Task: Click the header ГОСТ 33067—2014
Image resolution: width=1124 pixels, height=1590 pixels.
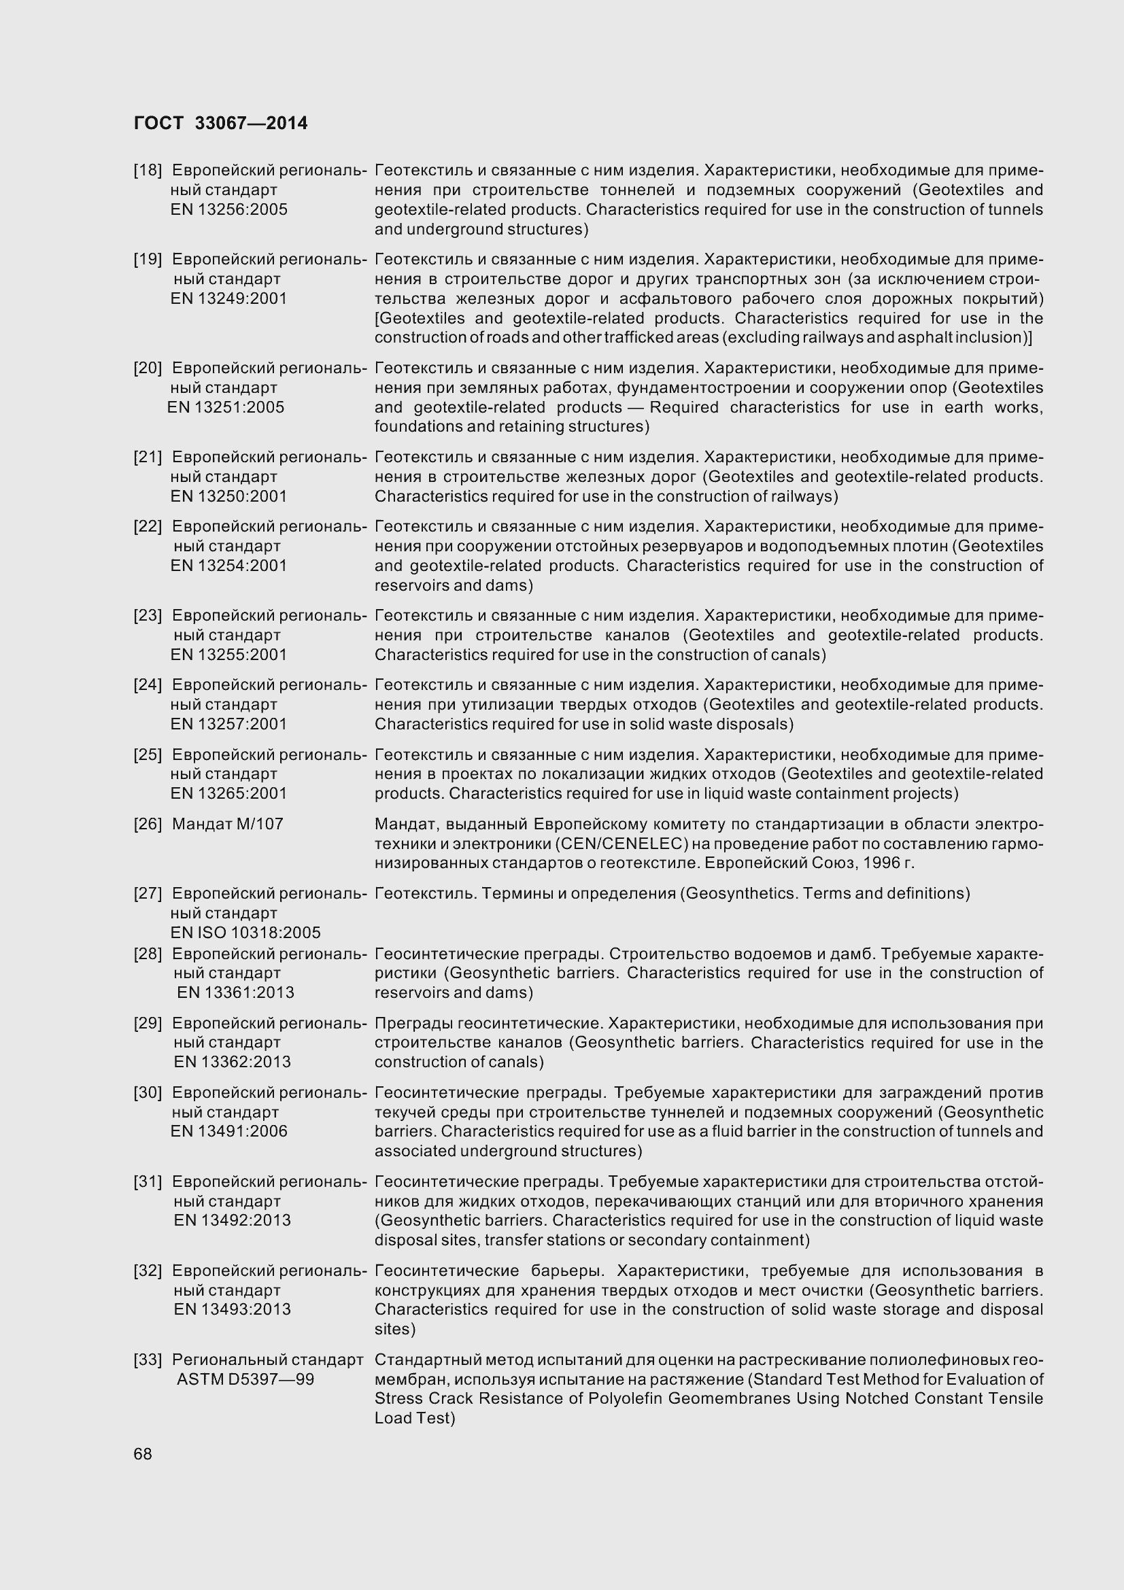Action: [x=220, y=123]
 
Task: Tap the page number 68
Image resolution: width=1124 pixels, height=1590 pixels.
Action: [x=143, y=1453]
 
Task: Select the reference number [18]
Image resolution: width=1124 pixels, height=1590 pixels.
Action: [x=148, y=171]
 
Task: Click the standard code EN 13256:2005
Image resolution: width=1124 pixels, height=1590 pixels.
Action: [x=228, y=209]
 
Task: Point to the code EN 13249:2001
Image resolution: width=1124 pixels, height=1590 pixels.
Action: [x=228, y=298]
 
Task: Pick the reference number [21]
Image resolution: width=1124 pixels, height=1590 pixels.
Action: [x=148, y=457]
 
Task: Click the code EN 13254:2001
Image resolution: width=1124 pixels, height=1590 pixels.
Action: [x=228, y=565]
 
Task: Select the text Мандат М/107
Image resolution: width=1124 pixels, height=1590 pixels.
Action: [x=227, y=824]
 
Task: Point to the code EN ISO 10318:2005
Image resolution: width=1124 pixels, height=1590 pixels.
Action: [x=245, y=932]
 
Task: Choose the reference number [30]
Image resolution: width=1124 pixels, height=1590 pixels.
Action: [x=148, y=1092]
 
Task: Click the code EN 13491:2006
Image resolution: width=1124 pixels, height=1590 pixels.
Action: [x=228, y=1131]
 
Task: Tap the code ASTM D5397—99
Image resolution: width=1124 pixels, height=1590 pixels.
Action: [x=245, y=1379]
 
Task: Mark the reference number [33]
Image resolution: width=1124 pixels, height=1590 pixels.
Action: [x=148, y=1360]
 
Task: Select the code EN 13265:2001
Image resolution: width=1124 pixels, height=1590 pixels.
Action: [x=228, y=793]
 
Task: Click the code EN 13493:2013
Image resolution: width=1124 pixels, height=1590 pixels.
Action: [x=232, y=1309]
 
